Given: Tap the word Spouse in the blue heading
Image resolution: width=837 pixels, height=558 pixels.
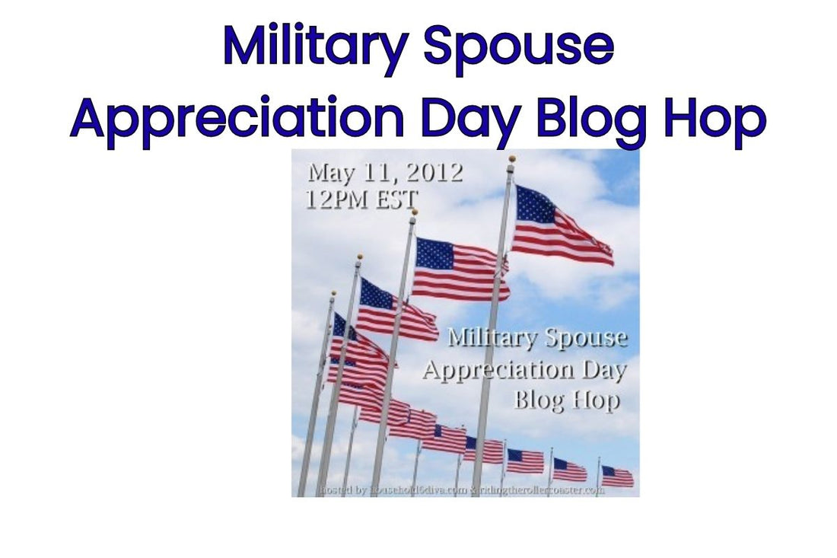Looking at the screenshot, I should coord(518,47).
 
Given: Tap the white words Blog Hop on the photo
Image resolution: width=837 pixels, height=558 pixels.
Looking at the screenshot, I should coord(565,400).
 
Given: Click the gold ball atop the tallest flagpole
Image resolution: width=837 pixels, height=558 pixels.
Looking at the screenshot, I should coord(512,159).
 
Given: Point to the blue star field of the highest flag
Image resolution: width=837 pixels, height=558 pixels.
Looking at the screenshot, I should coord(534,203).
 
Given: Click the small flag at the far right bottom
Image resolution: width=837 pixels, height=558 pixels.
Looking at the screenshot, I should coord(617,477).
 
